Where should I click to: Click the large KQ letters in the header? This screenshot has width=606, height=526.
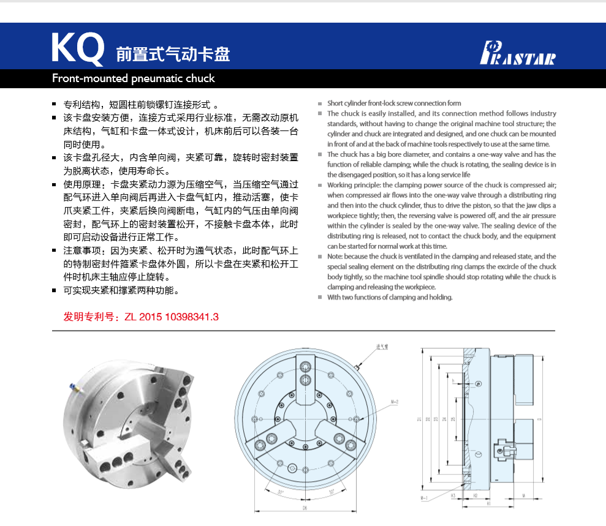pos(77,48)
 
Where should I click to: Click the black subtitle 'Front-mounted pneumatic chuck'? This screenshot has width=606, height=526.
pos(134,78)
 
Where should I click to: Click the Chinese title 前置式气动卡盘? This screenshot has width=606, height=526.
pos(173,54)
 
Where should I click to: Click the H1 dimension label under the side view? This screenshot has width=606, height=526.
pos(488,503)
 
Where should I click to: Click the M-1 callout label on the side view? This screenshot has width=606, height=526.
pos(423,499)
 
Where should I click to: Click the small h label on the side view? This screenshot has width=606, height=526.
pos(453,381)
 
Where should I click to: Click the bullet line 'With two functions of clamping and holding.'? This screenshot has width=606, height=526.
pos(390,297)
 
